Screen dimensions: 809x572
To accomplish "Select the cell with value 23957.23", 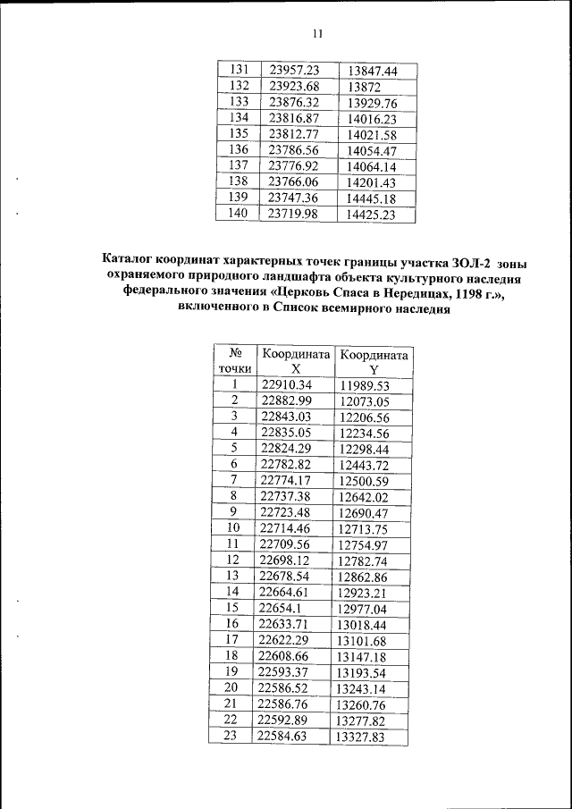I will click(x=294, y=70).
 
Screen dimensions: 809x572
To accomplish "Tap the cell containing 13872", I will click(x=366, y=87).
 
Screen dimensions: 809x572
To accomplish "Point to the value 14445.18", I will click(x=371, y=198).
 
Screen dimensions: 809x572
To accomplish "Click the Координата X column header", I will click(x=293, y=361).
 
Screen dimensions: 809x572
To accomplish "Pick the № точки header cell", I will click(x=235, y=361).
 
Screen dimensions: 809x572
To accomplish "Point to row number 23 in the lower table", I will click(x=232, y=735).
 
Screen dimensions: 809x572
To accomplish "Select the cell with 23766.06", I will click(x=294, y=181).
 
